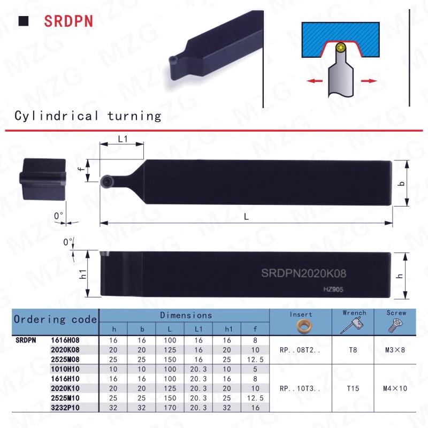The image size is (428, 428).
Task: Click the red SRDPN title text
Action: point(68,21)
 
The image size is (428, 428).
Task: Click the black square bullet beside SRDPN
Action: point(24,21)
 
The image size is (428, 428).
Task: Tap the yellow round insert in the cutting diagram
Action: point(341,48)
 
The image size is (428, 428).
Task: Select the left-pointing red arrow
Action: point(315,81)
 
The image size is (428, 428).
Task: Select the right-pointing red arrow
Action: point(369,81)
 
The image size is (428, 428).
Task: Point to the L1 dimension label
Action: point(123,139)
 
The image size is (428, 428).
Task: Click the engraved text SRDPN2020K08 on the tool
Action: point(303,273)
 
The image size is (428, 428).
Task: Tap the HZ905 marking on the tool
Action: point(333,289)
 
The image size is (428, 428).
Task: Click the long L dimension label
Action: point(246,217)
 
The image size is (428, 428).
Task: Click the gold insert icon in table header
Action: point(304,326)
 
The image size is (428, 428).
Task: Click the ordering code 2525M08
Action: point(65,360)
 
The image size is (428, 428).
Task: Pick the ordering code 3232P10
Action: point(65,408)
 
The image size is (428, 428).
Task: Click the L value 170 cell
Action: point(170,408)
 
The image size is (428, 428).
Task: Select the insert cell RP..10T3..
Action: point(300,388)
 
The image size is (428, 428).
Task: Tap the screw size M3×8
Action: point(395,350)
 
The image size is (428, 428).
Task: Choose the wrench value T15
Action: point(353,388)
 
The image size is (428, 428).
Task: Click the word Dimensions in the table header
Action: point(186,315)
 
